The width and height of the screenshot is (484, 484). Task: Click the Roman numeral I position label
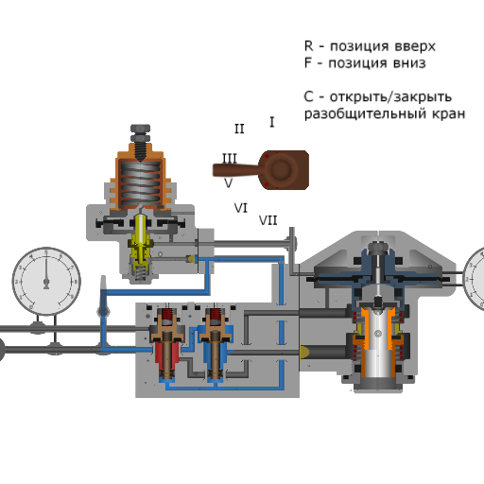pos(272,122)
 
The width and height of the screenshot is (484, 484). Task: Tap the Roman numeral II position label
pos(239,129)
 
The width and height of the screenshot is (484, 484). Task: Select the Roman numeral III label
pos(230,158)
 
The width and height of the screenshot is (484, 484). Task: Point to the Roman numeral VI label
pos(241,208)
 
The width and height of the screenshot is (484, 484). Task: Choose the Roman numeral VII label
pos(268,220)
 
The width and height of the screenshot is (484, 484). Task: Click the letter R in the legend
pos(308,46)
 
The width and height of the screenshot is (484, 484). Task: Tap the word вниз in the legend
pos(408,63)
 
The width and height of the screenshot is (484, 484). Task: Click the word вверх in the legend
pos(415,47)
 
